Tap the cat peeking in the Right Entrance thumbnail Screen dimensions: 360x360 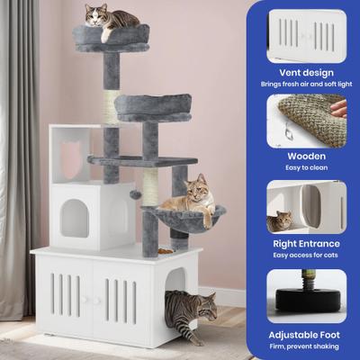pyautogui.click(x=280, y=220)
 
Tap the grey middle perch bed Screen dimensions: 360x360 pyautogui.click(x=152, y=107)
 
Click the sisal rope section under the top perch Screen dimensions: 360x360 pyautogui.click(x=111, y=106)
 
